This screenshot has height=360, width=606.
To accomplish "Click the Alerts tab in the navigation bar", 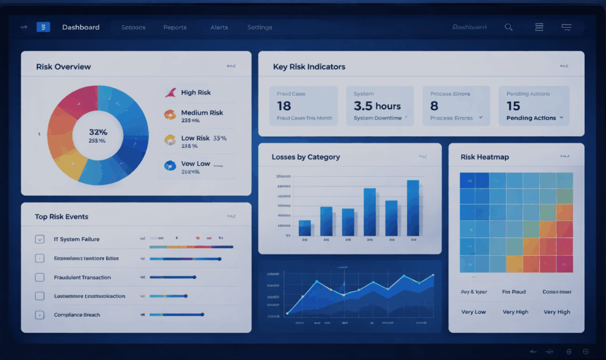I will point(219,27).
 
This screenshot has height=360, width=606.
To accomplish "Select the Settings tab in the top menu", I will point(259,27).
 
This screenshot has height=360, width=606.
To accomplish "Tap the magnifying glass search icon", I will point(508,27).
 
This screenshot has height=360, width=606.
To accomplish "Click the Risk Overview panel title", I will point(63,67).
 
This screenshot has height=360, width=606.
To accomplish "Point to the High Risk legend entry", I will point(195,92).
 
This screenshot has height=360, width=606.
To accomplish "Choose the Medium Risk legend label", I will point(202,112).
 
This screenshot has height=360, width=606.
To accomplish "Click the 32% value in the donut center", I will point(98,132).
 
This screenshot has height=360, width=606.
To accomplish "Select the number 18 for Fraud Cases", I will point(284,106).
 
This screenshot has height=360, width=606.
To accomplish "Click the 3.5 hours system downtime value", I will point(377,106).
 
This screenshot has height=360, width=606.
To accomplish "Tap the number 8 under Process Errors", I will point(434,106).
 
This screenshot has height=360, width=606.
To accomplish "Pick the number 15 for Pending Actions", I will point(513,106).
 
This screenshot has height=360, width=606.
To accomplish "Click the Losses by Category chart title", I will point(305,157).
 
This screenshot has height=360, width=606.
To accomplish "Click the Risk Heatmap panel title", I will point(485,157).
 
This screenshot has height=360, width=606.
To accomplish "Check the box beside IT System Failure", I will point(40,239).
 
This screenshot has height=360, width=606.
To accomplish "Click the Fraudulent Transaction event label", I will point(82,277).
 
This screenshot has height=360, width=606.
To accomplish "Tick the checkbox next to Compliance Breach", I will point(40,315).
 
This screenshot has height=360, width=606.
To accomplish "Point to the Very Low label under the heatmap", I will point(473,312).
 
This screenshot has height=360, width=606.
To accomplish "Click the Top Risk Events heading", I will point(62,217).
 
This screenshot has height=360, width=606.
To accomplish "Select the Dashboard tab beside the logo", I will point(80,27).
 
